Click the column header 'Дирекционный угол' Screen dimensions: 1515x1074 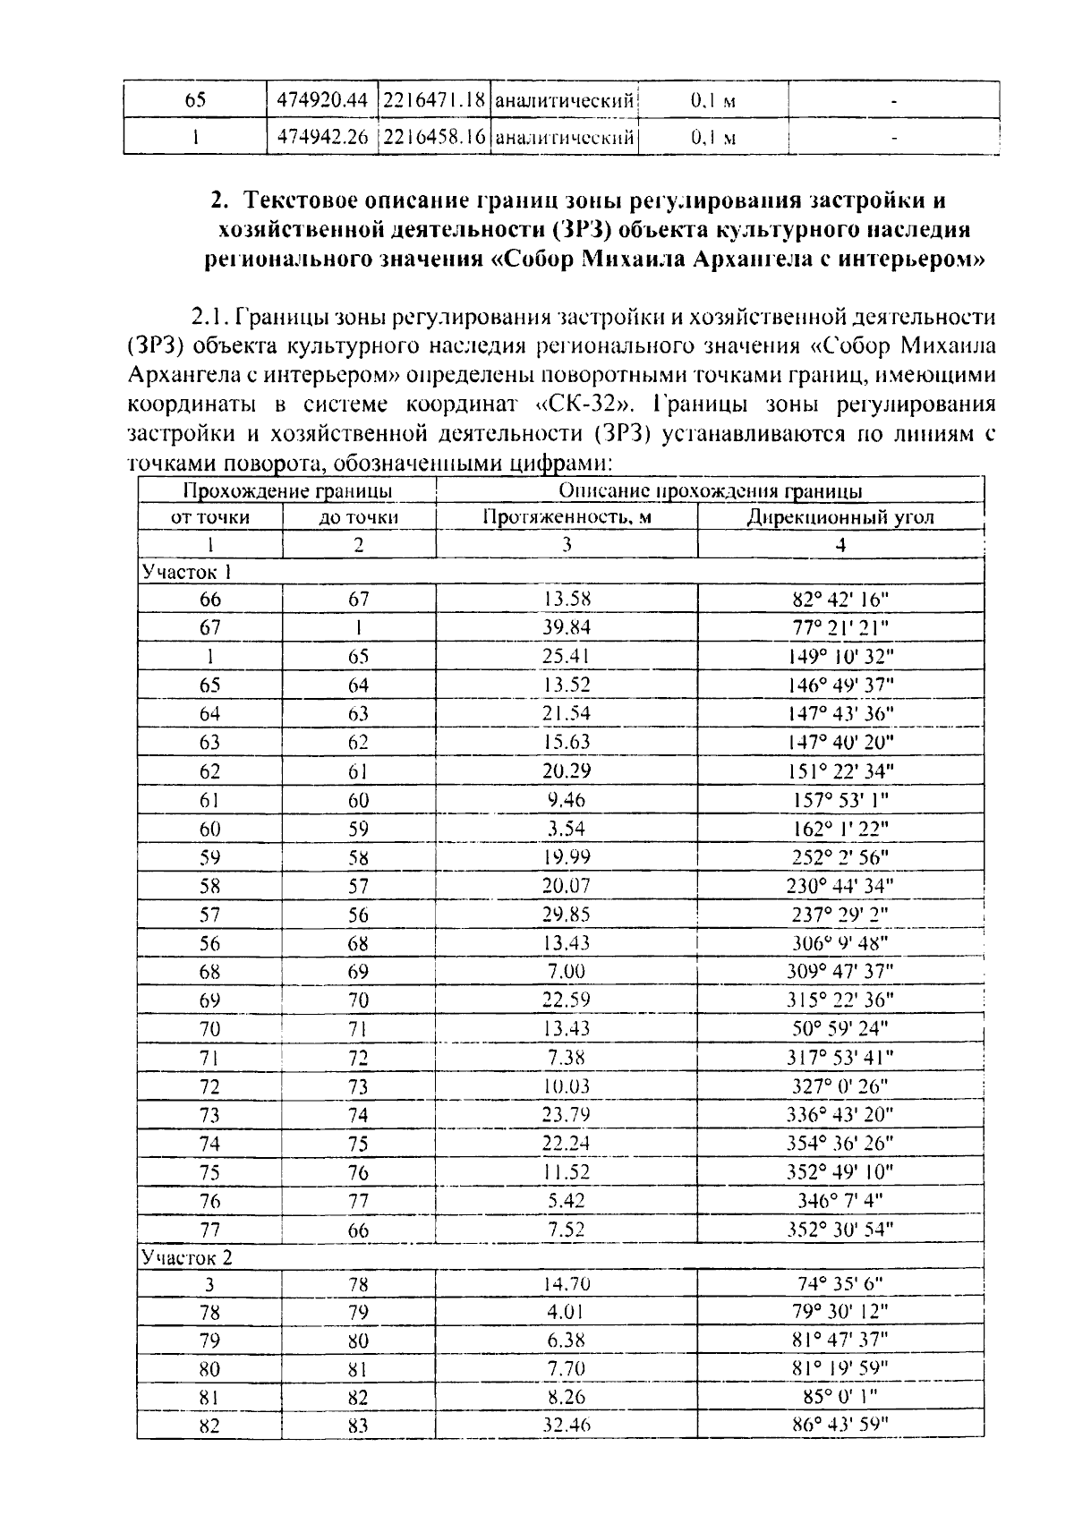pyautogui.click(x=840, y=516)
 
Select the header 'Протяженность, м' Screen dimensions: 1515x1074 pyautogui.click(x=566, y=516)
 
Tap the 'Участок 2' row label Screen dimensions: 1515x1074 pyautogui.click(x=187, y=1257)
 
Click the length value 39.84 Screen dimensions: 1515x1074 pyautogui.click(x=566, y=627)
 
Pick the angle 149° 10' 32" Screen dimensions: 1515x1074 pyautogui.click(x=840, y=656)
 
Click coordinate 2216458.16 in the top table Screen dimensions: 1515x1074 pyautogui.click(x=434, y=138)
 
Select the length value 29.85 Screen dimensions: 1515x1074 pyautogui.click(x=566, y=915)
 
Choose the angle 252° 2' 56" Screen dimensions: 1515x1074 pyautogui.click(x=840, y=857)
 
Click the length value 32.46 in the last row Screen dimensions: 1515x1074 pyautogui.click(x=566, y=1426)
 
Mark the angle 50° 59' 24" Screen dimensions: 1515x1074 pyautogui.click(x=840, y=1029)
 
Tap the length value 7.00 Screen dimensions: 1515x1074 pyautogui.click(x=566, y=972)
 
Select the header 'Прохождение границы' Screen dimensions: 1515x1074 pyautogui.click(x=287, y=489)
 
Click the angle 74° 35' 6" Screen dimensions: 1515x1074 pyautogui.click(x=840, y=1285)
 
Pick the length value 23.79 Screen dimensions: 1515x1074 pyautogui.click(x=566, y=1115)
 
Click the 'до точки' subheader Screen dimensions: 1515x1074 pyautogui.click(x=358, y=516)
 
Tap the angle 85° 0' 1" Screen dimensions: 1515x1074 pyautogui.click(x=840, y=1397)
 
